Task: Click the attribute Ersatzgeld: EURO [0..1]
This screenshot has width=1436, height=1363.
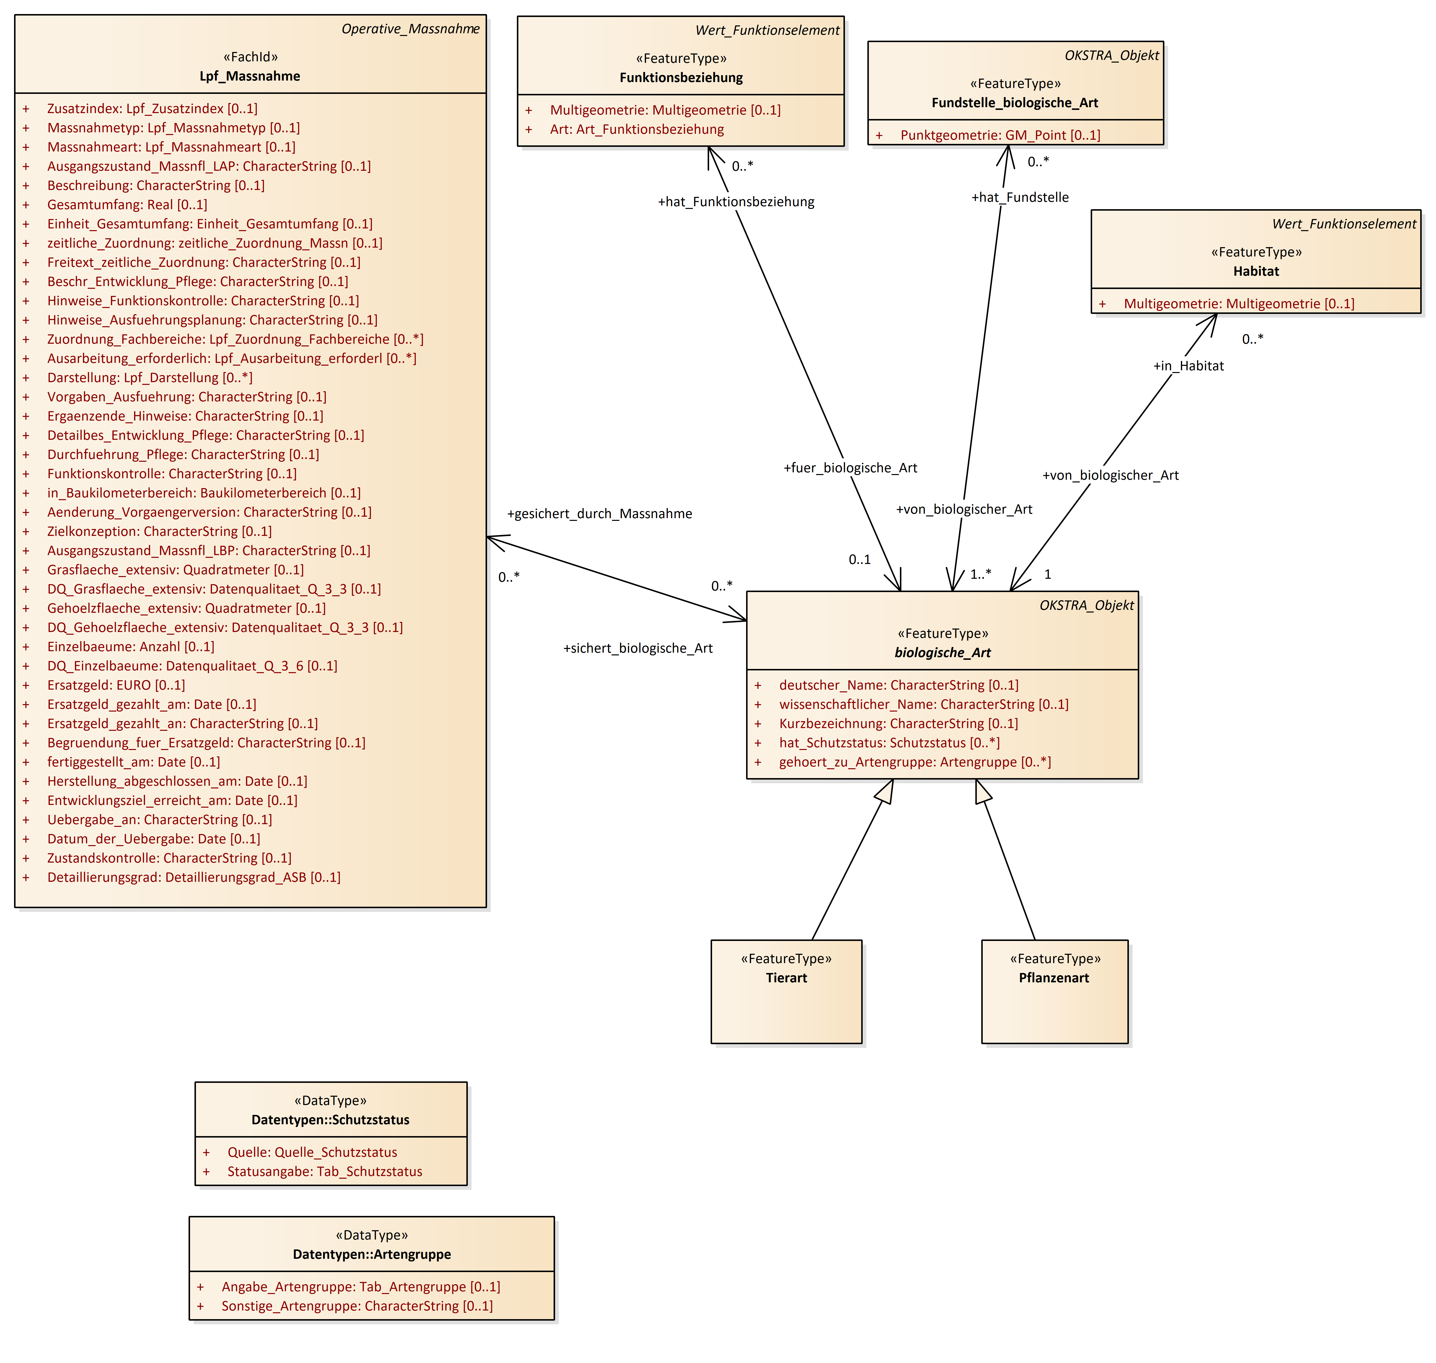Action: tap(116, 685)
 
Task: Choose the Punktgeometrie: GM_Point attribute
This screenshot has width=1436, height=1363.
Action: tap(1000, 135)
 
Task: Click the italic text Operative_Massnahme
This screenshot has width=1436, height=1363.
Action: tap(410, 29)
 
